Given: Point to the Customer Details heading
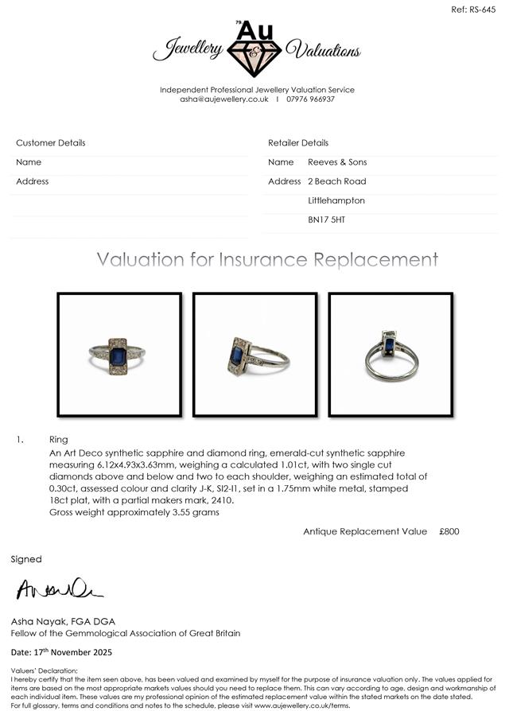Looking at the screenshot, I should [51, 143].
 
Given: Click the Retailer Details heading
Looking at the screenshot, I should [298, 143].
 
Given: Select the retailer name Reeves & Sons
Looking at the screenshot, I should [337, 162].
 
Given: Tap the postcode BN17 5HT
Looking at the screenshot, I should [326, 220].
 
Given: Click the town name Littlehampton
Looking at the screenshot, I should [336, 200].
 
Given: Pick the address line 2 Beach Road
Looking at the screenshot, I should [336, 181].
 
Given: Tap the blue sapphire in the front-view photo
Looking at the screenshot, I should [118, 356].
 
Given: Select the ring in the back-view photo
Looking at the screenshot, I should [390, 355].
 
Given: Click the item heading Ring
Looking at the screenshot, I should [58, 440].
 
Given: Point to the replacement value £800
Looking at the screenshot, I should [449, 531].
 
